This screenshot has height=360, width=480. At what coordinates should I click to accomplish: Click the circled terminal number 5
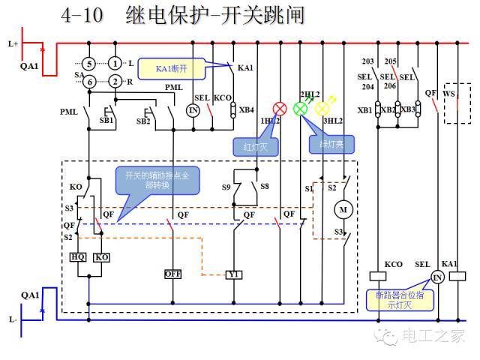pos(88,64)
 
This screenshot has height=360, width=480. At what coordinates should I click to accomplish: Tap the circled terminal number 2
pos(115,81)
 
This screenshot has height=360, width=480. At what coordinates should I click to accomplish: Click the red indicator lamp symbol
pos(279,108)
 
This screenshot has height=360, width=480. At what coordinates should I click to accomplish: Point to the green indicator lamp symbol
pos(301,108)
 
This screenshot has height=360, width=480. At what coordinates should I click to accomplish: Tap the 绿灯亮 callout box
pos(328,143)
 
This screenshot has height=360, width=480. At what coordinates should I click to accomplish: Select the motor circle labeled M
pos(345,209)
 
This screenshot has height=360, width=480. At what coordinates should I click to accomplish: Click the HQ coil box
pos(78,257)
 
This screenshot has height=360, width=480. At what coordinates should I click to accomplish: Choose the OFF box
pos(173,274)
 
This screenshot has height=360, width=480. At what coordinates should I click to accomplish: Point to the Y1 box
pos(234,274)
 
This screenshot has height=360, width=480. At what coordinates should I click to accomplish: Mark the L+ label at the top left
pos(13,44)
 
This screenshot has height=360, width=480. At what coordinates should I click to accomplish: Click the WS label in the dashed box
pos(449,93)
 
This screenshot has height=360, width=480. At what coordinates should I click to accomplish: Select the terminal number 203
pos(367,61)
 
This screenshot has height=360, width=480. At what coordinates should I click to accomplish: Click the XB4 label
pos(247,110)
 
